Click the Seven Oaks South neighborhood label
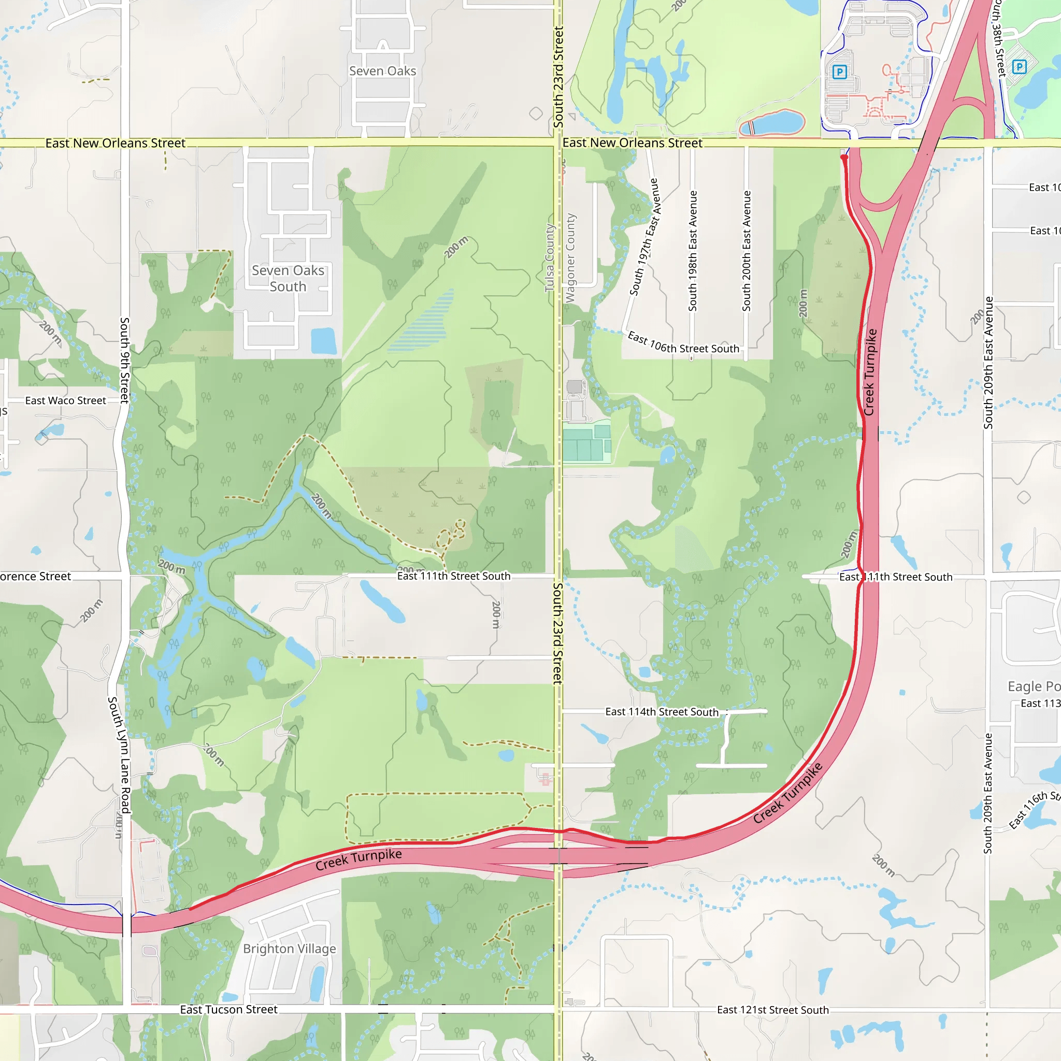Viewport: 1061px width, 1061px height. tap(288, 278)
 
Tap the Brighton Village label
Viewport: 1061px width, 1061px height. tap(290, 949)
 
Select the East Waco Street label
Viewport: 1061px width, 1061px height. tap(65, 401)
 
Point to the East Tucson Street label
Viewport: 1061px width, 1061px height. tap(228, 1009)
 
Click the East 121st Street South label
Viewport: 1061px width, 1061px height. tap(772, 1010)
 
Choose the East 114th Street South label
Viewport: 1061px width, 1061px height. tap(662, 712)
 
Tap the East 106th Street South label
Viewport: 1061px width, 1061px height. tap(683, 344)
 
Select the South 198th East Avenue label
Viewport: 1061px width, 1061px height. tap(693, 251)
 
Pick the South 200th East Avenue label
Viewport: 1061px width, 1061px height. tap(747, 251)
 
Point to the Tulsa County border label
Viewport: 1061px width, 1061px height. tap(550, 258)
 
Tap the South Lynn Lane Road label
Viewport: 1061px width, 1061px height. tap(119, 755)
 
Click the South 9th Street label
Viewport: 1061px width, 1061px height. tap(125, 360)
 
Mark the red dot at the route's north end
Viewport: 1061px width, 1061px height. tap(844, 157)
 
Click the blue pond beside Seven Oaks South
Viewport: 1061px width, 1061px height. tap(323, 340)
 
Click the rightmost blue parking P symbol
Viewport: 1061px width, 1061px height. tap(1019, 67)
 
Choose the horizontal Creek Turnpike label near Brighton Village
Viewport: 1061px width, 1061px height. tap(359, 859)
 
